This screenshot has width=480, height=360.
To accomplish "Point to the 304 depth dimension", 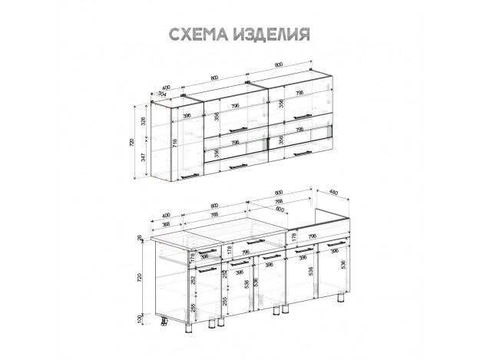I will pos(161,94).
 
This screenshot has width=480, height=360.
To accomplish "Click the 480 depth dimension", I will pos(333,192).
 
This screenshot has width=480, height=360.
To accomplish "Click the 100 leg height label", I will pos(140,319).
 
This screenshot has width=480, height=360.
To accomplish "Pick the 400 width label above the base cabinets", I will pos(166,216).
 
